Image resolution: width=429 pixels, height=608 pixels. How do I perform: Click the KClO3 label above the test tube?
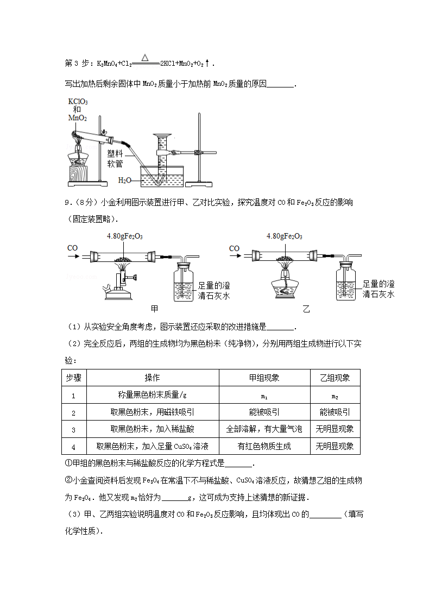tap(78, 102)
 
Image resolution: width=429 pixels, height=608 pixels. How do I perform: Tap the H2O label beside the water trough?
tap(124, 179)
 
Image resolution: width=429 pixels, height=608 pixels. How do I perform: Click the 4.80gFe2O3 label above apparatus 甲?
tap(125, 236)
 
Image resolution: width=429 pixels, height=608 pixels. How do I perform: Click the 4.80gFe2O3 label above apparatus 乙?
tap(285, 236)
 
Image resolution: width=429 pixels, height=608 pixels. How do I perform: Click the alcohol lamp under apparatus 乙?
tap(285, 283)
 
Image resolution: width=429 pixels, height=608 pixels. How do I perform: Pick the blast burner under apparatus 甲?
tap(118, 285)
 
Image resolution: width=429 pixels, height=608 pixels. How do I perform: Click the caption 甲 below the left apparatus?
tap(155, 309)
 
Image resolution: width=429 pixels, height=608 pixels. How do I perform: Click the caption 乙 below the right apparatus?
tap(306, 309)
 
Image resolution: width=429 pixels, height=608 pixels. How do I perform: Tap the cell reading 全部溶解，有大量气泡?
tap(264, 429)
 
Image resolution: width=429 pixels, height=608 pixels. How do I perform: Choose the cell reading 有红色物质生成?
tap(264, 446)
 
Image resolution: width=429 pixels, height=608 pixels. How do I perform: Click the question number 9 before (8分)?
tap(67, 203)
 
